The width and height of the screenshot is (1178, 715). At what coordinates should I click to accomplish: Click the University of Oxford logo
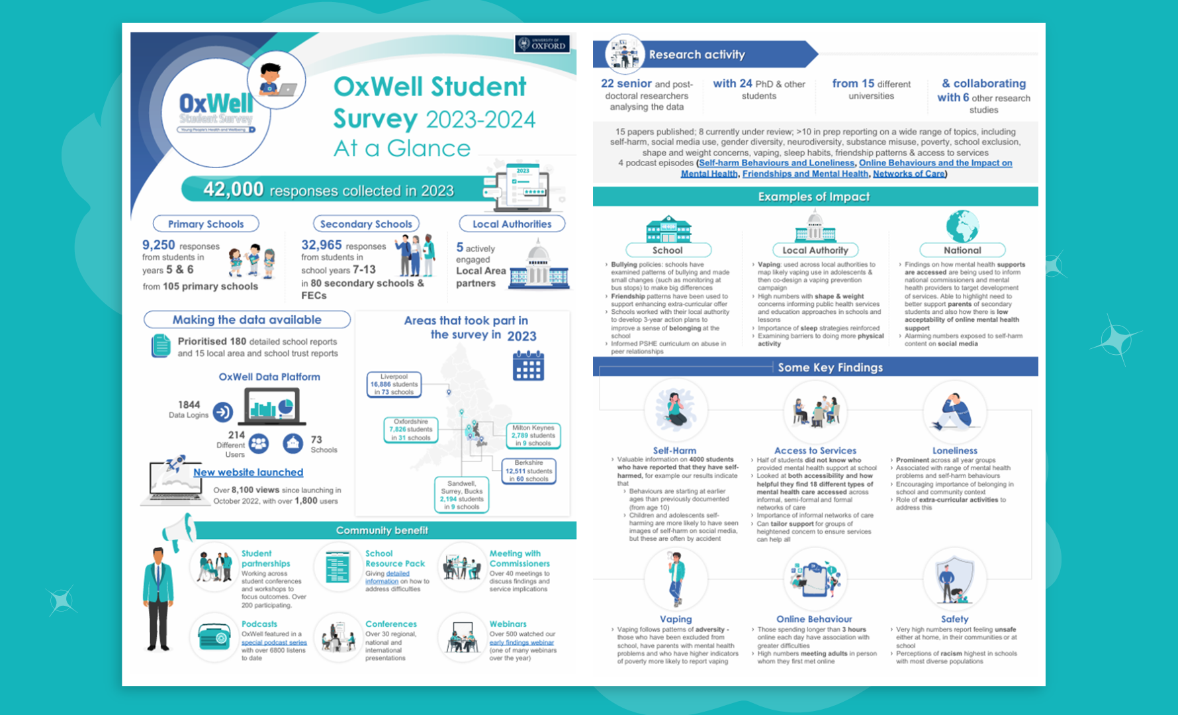click(x=542, y=44)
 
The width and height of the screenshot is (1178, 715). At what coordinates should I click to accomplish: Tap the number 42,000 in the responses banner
click(x=234, y=189)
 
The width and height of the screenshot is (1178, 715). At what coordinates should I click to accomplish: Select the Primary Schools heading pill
click(x=206, y=224)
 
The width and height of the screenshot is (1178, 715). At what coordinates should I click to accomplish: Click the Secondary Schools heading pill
click(x=366, y=224)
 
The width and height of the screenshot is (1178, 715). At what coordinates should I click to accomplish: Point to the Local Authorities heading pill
click(x=512, y=224)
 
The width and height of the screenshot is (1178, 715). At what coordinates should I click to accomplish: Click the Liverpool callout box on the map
click(x=394, y=384)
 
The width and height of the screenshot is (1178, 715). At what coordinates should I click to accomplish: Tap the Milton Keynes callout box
click(x=533, y=435)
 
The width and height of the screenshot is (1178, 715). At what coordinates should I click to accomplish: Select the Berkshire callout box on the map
click(x=528, y=471)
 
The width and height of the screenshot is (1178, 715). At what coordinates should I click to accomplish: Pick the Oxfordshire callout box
click(x=410, y=429)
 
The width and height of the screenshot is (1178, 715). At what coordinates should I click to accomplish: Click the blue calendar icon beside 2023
click(x=528, y=365)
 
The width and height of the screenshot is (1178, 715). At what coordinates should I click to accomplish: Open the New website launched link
click(x=248, y=472)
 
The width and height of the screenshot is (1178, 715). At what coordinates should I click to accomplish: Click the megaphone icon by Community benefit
click(x=178, y=530)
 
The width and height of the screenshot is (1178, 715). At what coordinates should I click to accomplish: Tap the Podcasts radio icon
click(x=214, y=637)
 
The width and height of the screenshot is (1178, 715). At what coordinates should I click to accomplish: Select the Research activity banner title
click(x=697, y=54)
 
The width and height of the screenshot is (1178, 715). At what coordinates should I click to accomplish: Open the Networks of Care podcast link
click(x=909, y=173)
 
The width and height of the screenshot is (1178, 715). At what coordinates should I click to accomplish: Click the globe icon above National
click(x=962, y=226)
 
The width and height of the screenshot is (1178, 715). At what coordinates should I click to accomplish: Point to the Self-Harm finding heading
click(x=674, y=450)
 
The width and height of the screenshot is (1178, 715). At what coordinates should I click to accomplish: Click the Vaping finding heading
click(x=676, y=619)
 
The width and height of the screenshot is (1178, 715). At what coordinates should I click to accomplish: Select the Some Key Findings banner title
click(x=830, y=367)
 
